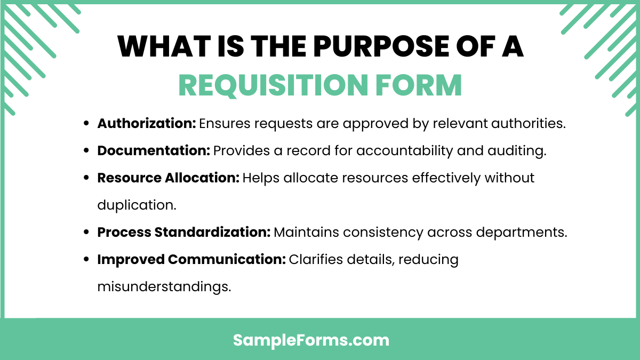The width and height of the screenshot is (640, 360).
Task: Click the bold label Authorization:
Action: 147,124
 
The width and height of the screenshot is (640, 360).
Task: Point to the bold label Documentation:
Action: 154,151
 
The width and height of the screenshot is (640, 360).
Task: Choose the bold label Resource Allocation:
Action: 168,178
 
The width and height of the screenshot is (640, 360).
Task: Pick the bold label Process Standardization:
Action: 184,233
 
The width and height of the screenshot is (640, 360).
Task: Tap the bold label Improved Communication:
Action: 191,260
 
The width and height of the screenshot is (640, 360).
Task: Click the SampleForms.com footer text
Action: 311,340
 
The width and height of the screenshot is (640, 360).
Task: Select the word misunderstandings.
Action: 164,287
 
